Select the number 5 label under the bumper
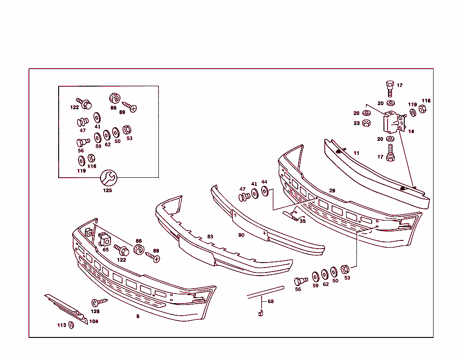coord(138,316)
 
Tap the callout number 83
coord(210,236)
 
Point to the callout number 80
coord(241,235)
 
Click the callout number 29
coord(332,191)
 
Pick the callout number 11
coord(356,153)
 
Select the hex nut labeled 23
coord(367,123)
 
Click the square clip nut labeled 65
coord(104,239)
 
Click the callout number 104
coord(93,322)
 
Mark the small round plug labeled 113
coord(71,325)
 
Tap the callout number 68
coord(270,301)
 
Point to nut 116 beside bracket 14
coord(423,109)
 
